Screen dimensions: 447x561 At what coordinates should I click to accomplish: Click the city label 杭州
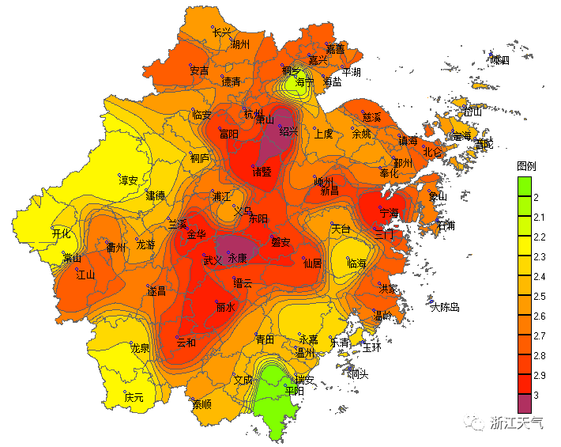coord(252,115)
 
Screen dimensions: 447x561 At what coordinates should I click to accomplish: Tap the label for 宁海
coord(390,214)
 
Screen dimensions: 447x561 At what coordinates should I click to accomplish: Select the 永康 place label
coord(237,259)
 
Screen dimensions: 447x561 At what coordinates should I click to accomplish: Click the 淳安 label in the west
coord(129,181)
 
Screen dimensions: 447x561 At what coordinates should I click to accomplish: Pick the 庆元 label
coord(134,397)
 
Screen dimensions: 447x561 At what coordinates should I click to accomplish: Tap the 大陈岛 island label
coord(445,307)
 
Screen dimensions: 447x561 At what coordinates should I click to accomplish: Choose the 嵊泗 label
coord(499,60)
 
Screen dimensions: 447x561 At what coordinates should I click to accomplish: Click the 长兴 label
coord(223,32)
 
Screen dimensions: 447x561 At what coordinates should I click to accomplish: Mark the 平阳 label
coord(293,391)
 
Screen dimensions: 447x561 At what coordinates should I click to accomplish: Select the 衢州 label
coord(116,247)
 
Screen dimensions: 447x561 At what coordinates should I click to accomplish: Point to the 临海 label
coord(357,263)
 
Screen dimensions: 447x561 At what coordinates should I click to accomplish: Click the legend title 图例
coord(526,166)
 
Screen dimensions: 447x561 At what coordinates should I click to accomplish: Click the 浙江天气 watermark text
coord(518,422)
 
